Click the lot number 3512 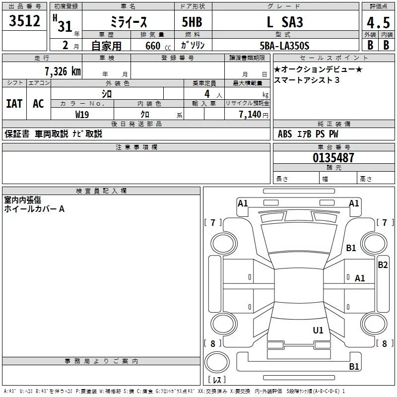(x=25, y=21)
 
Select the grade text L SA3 (x=285, y=22)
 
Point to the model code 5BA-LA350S (x=285, y=45)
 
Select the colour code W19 (x=82, y=114)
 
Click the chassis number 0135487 (x=333, y=158)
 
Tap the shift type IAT (x=14, y=103)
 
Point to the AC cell (x=38, y=103)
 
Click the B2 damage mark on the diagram (x=383, y=265)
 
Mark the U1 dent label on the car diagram (x=318, y=330)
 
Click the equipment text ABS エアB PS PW (x=308, y=134)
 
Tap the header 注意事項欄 (x=136, y=147)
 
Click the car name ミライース (x=129, y=22)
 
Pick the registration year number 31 (x=65, y=26)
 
